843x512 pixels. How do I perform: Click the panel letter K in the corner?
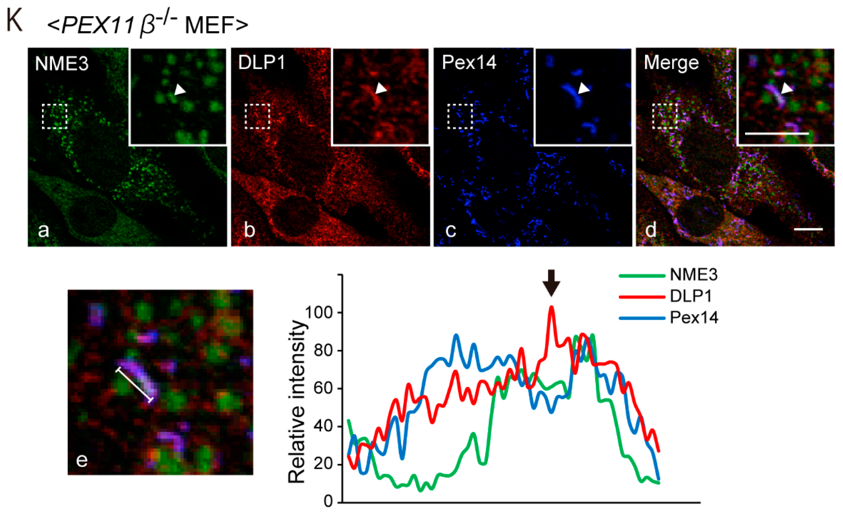coord(14,21)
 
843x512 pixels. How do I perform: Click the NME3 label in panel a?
coord(62,64)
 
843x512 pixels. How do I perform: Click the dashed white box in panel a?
coord(54,116)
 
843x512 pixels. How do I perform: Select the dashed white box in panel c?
coord(460,116)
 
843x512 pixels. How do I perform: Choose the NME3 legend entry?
coord(693,275)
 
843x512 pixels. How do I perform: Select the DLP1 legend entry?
coord(690,296)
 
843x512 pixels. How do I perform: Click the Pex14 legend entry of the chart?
coord(694,318)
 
